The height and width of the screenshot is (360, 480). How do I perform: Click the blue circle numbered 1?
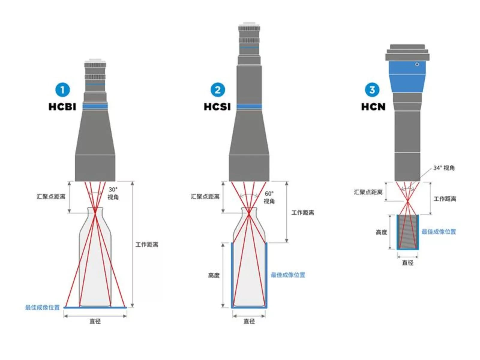[62, 90]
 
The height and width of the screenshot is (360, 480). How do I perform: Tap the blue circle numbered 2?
[217, 90]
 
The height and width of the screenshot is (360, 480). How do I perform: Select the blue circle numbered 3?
[372, 90]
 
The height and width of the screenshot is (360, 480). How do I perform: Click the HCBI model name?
[62, 107]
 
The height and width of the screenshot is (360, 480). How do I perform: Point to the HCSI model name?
[217, 107]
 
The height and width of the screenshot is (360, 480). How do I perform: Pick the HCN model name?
[373, 107]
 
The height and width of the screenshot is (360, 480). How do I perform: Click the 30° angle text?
[113, 190]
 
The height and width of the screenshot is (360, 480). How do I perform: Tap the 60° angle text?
[269, 194]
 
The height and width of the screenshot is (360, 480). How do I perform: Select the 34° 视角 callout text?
[444, 168]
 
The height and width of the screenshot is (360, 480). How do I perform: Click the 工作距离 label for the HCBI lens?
[147, 245]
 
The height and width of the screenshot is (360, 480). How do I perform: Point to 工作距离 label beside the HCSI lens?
[303, 213]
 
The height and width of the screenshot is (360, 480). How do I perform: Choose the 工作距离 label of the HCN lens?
[445, 199]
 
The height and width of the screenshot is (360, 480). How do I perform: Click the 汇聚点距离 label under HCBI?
[51, 196]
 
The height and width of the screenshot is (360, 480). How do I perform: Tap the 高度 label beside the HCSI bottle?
[214, 275]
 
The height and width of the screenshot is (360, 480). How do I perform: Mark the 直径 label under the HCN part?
[407, 263]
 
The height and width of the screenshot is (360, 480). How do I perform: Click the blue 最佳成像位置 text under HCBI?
[42, 307]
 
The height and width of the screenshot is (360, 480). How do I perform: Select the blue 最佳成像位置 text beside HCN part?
[439, 232]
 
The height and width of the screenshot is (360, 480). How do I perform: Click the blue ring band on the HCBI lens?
[95, 106]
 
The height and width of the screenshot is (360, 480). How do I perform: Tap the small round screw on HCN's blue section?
[417, 64]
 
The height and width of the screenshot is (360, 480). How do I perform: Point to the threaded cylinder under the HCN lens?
[408, 232]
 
